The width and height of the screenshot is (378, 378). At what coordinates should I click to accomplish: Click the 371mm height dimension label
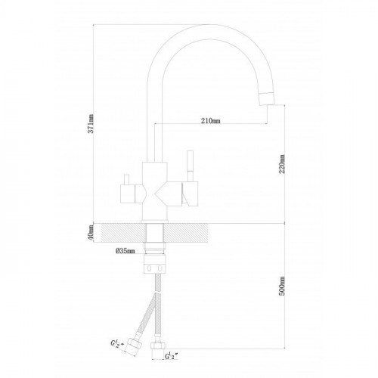coord(91,123)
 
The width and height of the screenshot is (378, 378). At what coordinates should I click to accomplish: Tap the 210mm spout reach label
coord(211,121)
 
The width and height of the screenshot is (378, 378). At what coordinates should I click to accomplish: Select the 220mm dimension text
coord(282,164)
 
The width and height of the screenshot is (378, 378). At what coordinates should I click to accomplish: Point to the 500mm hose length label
coord(282,286)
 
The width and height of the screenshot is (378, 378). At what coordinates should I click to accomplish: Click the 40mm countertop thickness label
coord(91,232)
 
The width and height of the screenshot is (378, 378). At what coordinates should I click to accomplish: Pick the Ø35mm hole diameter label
coord(125,251)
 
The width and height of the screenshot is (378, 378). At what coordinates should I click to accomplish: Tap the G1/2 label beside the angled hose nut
coord(118,343)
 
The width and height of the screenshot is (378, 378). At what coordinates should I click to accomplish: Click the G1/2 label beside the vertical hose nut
coord(172,356)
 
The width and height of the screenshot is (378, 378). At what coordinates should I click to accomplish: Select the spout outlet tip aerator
coord(267,98)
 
